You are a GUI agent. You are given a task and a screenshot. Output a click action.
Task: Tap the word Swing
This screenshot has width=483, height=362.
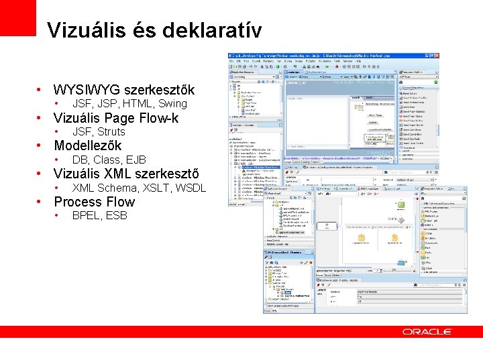[x=172, y=104]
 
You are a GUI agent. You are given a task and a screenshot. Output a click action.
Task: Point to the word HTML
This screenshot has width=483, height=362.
[x=138, y=104]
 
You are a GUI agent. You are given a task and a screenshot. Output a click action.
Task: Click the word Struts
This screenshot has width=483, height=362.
[x=111, y=132]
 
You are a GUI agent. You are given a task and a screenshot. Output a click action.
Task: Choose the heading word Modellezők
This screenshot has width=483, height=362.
[x=87, y=145]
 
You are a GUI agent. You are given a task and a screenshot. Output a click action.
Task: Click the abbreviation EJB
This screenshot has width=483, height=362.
[x=136, y=160]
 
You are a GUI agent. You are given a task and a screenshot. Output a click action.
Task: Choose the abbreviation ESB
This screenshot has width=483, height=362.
[x=116, y=216]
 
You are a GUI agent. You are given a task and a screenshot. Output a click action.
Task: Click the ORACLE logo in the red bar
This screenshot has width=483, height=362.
[x=427, y=332]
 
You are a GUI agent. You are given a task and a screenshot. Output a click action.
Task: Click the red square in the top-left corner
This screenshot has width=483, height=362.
[x=17, y=17]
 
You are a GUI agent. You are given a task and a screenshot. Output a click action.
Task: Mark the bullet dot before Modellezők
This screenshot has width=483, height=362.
[x=40, y=146]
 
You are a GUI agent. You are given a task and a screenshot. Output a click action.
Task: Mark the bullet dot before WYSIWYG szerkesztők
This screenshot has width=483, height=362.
[x=40, y=90]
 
